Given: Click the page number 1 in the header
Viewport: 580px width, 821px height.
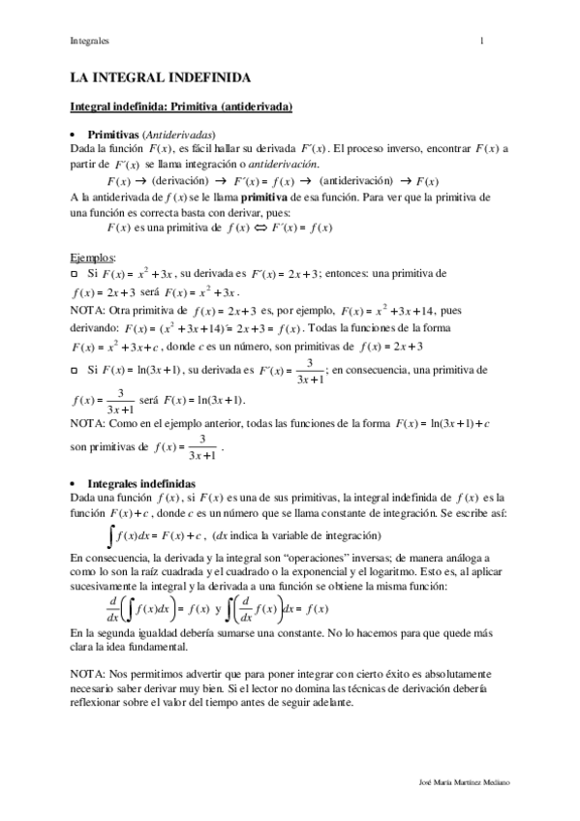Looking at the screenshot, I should point(482,42).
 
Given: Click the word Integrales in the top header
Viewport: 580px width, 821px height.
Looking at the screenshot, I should point(89,42).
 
